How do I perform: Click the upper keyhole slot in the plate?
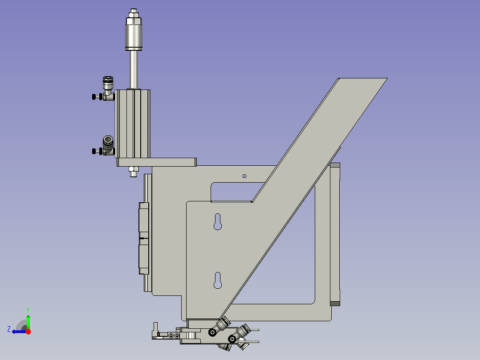tap(217, 222)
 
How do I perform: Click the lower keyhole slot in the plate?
tap(217, 280)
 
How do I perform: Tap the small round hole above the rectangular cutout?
tap(244, 176)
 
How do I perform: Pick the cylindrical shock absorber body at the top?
tap(134, 38)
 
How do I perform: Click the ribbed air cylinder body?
tap(133, 123)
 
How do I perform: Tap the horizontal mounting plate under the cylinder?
tap(156, 162)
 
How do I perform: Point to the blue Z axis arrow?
tap(18, 331)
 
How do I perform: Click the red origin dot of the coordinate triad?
tap(28, 331)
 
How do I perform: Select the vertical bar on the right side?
tap(335, 234)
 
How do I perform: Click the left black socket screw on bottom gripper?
tap(212, 331)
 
